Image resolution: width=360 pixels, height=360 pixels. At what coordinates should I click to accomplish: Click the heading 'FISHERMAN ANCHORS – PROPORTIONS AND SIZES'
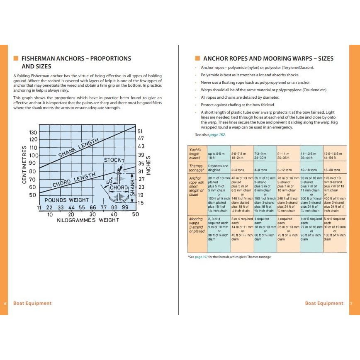(76, 62)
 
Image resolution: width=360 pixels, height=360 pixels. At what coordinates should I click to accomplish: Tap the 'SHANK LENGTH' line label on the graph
(79, 149)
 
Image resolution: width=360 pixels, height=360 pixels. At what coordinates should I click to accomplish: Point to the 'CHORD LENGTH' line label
(73, 181)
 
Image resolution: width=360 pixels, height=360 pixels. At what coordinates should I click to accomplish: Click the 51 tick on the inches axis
(141, 131)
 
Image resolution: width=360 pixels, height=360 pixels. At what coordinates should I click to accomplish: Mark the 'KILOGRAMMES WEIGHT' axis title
(88, 220)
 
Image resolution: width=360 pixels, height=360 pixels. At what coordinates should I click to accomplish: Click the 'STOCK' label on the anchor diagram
(112, 160)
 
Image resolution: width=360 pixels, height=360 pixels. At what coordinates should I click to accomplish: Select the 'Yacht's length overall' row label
(195, 153)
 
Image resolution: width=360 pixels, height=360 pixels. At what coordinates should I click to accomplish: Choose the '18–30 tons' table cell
(331, 170)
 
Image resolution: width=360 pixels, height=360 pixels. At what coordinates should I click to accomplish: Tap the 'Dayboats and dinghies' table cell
(218, 168)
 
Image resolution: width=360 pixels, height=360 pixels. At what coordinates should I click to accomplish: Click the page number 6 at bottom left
(5, 303)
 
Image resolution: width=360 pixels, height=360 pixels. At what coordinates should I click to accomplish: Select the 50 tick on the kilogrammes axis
(135, 214)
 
